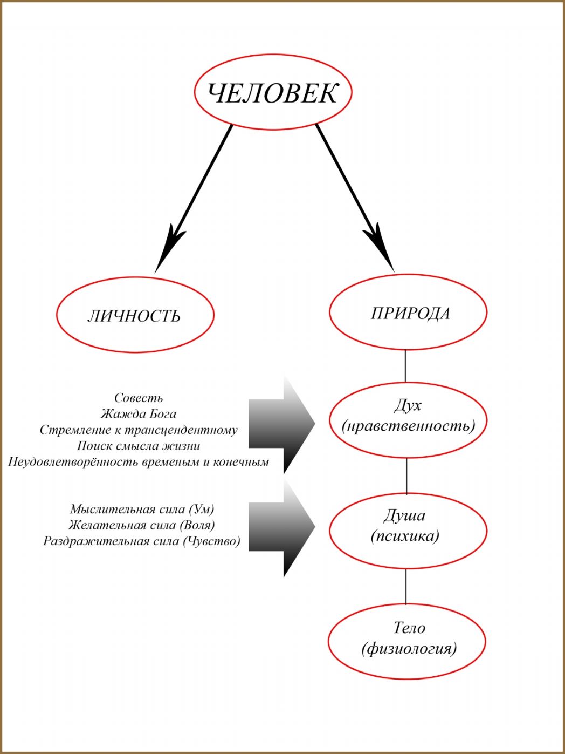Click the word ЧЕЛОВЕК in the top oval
click(x=272, y=93)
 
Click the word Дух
click(x=408, y=405)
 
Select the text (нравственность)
click(x=409, y=426)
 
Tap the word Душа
click(x=404, y=515)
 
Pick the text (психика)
click(x=405, y=536)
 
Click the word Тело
click(x=409, y=628)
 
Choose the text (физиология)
click(x=409, y=648)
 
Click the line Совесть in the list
click(x=139, y=398)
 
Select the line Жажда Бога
click(x=138, y=414)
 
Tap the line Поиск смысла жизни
click(x=138, y=446)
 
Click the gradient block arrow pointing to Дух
click(x=281, y=424)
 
